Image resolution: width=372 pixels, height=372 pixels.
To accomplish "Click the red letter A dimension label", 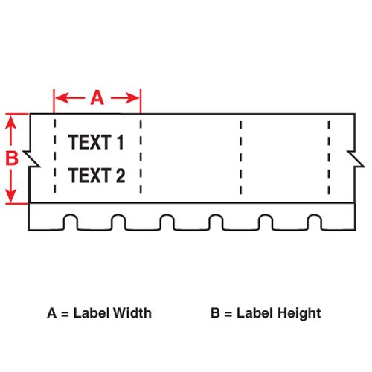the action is point(97,98).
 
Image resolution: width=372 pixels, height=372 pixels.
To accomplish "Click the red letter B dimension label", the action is point(12,158).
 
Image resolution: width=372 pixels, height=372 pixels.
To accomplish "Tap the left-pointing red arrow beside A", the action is point(70,98).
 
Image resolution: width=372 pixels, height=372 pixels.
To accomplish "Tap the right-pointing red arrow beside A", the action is point(125,98).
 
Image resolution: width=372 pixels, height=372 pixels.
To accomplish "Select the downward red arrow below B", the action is point(11,185).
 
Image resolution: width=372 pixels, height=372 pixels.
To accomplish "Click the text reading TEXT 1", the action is point(96,142).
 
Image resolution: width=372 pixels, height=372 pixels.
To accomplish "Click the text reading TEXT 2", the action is point(97,176).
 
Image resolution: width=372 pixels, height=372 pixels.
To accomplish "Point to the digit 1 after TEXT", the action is point(121,142).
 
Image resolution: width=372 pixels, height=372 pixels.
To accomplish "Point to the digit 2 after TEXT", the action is point(121,176).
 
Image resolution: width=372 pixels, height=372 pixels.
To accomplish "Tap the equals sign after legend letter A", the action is point(65,314).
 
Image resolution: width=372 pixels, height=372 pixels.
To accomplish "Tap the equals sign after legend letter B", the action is point(228,314).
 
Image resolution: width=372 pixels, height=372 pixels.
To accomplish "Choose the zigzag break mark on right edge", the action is point(356,158).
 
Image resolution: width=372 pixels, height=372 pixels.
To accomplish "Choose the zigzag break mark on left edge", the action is point(32,158).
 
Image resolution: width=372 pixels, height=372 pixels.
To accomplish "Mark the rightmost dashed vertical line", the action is point(329,158).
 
